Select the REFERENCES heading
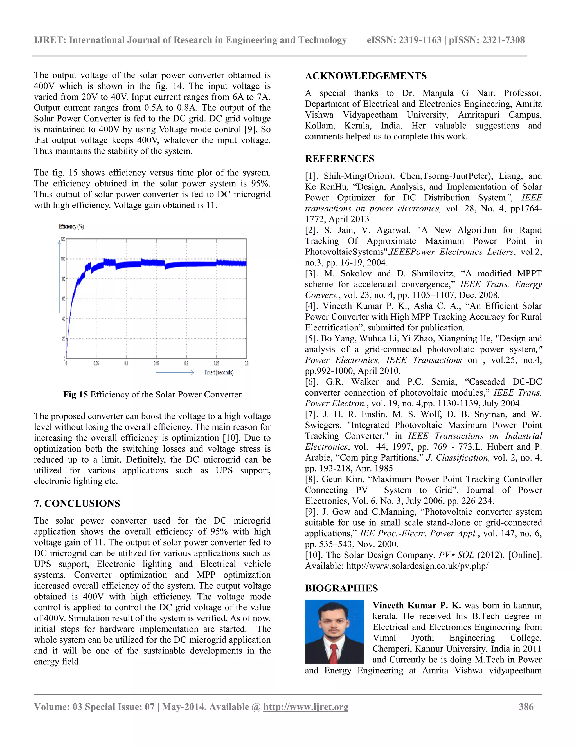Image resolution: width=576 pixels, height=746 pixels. [339, 159]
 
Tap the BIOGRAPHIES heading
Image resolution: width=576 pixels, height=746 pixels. [341, 588]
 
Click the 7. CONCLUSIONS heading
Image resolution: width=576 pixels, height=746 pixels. [77, 504]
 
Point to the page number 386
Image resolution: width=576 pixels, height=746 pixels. [526, 707]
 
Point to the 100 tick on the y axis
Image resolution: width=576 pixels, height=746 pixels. [63, 259]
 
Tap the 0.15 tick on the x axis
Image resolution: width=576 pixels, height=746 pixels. [156, 363]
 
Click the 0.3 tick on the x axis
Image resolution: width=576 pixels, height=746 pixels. [246, 363]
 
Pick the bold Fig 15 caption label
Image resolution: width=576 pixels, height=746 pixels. [75, 394]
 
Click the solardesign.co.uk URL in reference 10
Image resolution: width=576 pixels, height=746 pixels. [417, 566]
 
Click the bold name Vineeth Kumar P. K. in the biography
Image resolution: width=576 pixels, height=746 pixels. [417, 606]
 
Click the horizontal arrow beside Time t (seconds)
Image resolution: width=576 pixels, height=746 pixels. [175, 372]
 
